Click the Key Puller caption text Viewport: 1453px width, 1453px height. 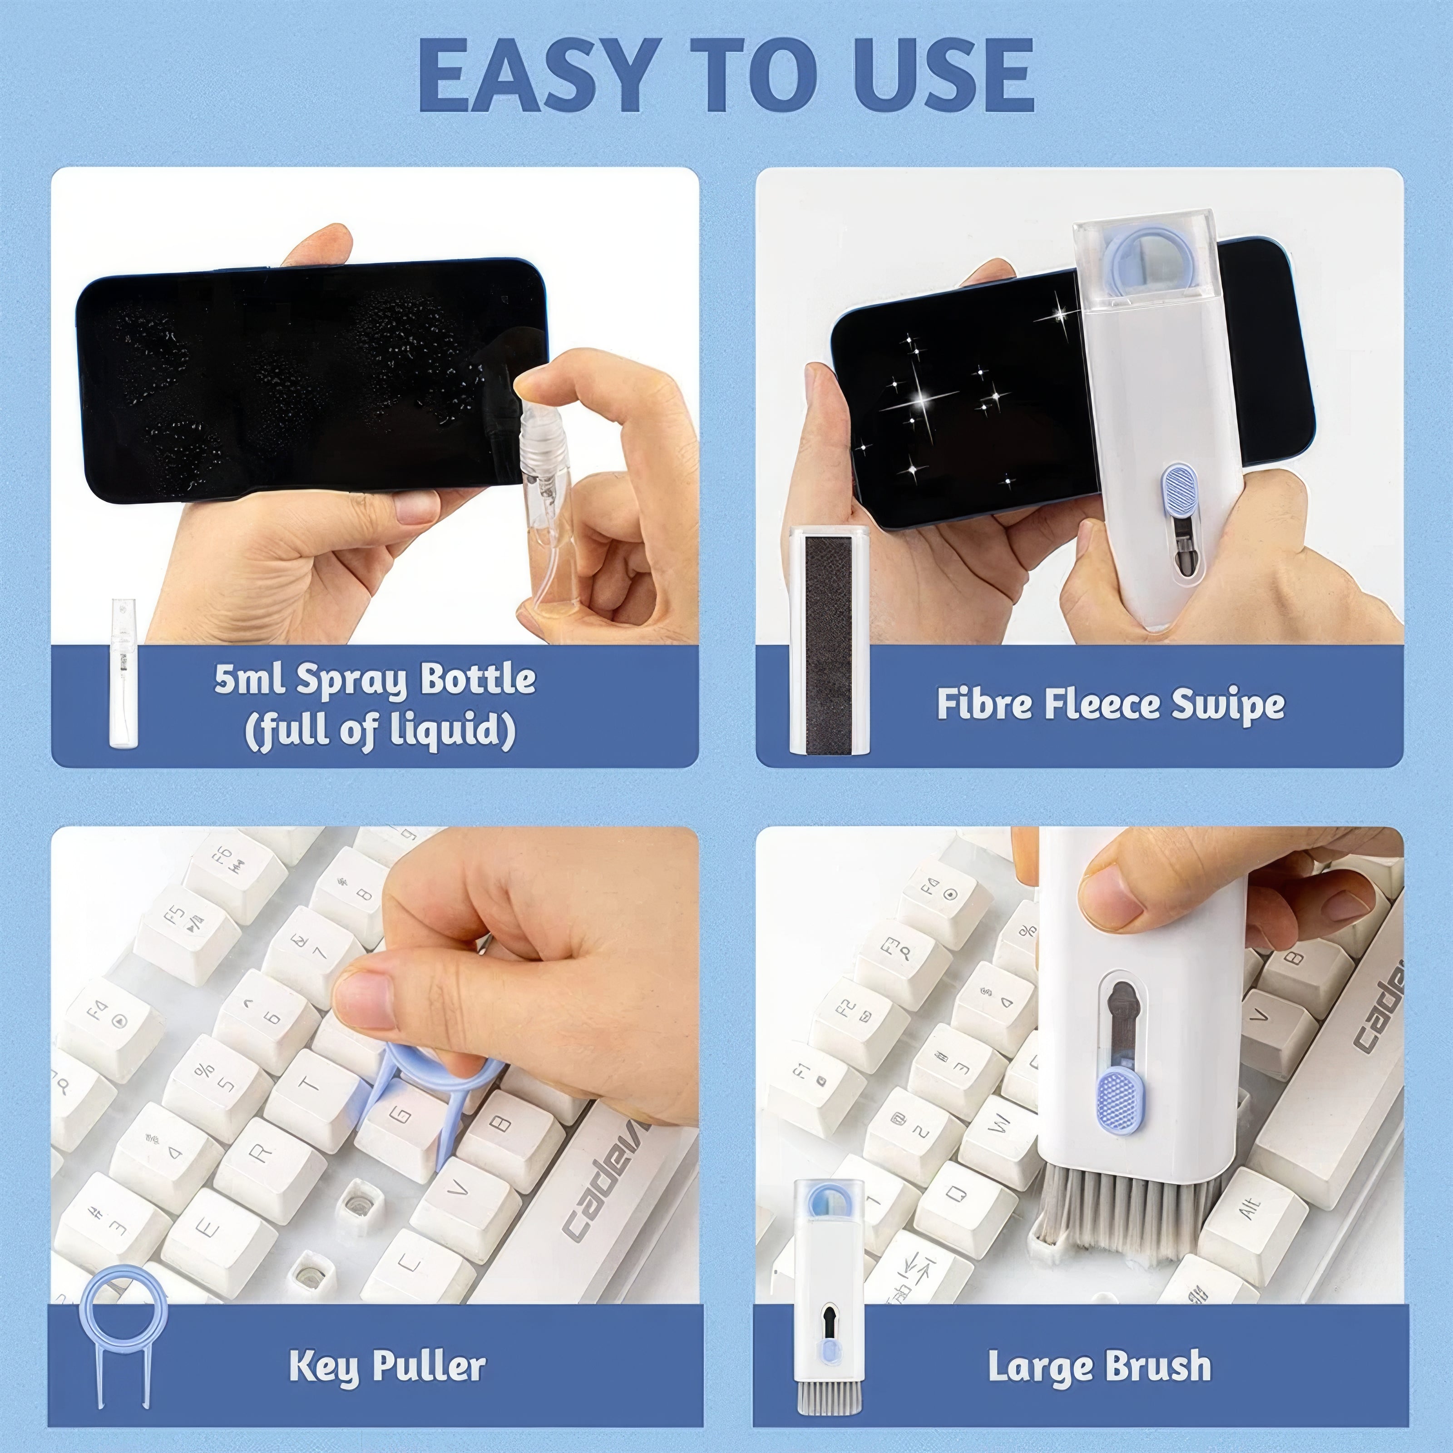tap(387, 1367)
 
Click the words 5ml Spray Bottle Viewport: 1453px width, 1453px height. tap(375, 679)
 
